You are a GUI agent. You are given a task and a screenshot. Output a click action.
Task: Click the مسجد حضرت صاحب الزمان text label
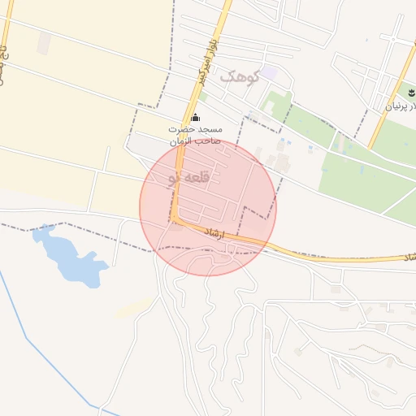click(194, 135)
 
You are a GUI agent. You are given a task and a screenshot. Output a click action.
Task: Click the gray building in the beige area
click(44, 43)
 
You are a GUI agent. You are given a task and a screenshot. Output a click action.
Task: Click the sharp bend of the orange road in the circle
click(176, 219)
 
